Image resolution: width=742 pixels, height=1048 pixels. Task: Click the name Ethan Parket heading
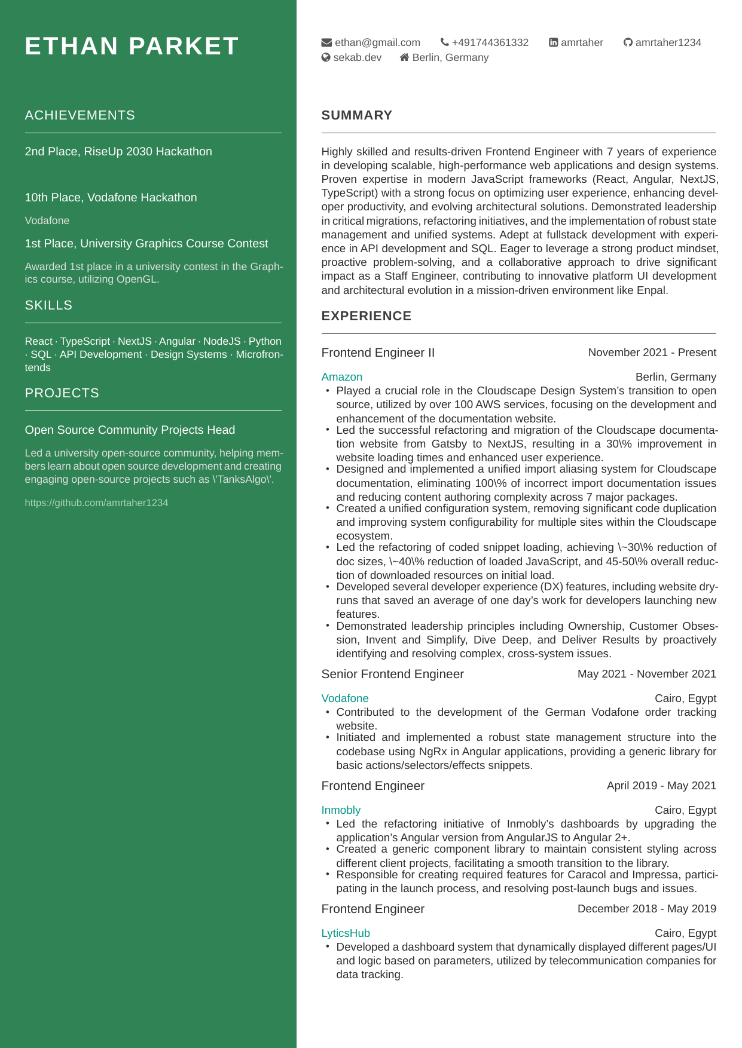coord(132,47)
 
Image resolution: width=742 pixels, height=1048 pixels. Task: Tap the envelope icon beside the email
coord(326,42)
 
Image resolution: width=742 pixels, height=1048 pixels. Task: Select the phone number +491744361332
coord(490,42)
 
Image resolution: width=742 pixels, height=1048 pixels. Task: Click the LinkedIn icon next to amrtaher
coord(554,42)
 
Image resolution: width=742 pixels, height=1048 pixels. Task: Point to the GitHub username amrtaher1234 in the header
coord(668,42)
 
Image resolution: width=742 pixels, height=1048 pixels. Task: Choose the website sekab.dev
coord(357,57)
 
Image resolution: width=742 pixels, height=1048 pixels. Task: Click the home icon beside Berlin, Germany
coord(405,57)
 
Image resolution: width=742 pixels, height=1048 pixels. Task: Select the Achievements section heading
coord(80,115)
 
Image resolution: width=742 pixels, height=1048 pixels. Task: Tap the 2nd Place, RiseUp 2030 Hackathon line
coord(118,152)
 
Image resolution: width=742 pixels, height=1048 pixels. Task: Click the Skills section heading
coord(48,305)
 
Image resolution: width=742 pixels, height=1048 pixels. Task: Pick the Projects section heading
coord(62,393)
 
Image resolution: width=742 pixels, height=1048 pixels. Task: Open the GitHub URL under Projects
coord(96,503)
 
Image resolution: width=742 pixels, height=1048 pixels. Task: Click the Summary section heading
coord(356,115)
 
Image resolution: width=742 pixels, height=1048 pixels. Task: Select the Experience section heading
coord(366,316)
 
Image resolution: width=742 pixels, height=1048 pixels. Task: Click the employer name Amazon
coord(341,377)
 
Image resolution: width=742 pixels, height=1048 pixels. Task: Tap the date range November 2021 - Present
coord(652,353)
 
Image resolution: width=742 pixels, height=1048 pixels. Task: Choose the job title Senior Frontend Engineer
coord(392,674)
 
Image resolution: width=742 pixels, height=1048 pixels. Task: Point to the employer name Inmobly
coord(341,810)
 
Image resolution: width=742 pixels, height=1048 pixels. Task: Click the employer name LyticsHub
coord(346,933)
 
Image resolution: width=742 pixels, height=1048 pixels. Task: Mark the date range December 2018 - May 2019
coord(646,909)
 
